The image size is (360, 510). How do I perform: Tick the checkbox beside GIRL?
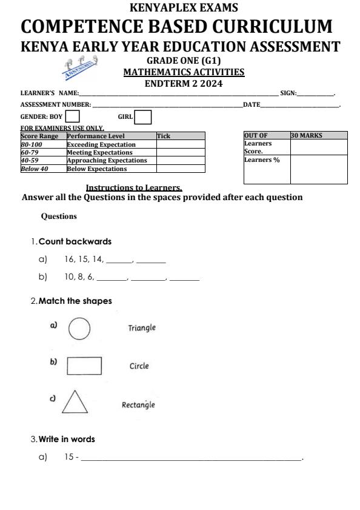click(143, 116)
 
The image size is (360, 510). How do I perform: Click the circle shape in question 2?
click(79, 330)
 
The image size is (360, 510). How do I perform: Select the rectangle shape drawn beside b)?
click(84, 366)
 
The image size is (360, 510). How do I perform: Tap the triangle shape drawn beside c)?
click(75, 402)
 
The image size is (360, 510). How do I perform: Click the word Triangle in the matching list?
click(142, 327)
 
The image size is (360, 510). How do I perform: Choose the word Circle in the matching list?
click(139, 366)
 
